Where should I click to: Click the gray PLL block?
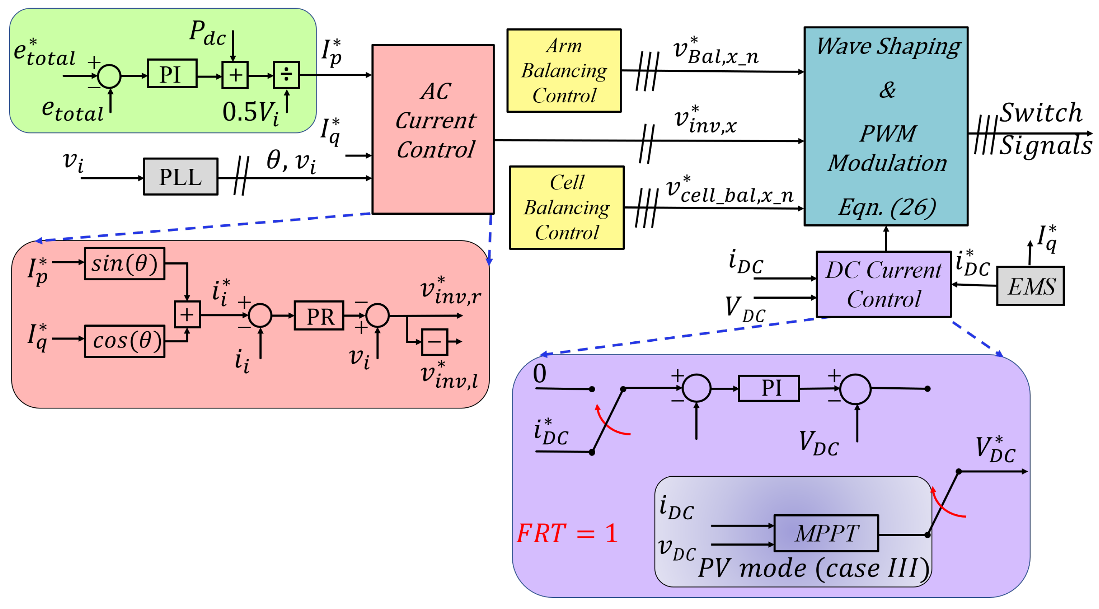[x=180, y=177]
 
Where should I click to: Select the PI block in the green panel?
[x=172, y=74]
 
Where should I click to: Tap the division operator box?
[x=286, y=75]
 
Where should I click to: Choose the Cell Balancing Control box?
[x=566, y=208]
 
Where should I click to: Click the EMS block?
[x=1030, y=286]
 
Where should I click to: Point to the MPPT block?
[x=826, y=533]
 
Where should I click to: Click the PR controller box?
[x=319, y=316]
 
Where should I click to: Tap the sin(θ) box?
[x=125, y=264]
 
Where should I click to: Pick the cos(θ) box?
[x=125, y=342]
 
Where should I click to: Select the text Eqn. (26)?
[x=886, y=208]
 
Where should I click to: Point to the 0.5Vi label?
[x=251, y=113]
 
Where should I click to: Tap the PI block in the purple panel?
[x=768, y=388]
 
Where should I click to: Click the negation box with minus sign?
[x=434, y=342]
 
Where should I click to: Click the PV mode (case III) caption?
[x=813, y=568]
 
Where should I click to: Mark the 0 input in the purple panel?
[x=539, y=374]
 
